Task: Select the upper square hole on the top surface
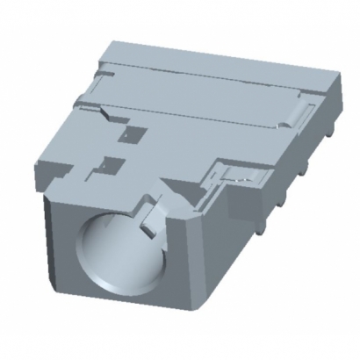[133, 133]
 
